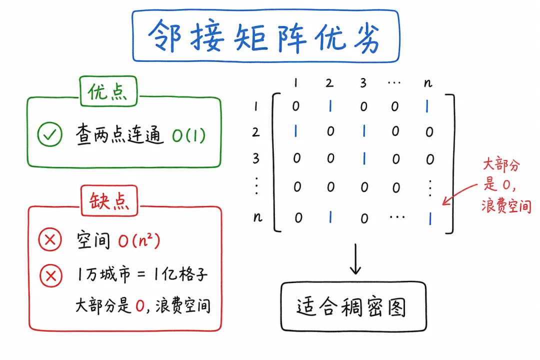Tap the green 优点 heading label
click(108, 91)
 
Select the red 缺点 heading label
click(109, 201)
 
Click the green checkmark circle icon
click(50, 134)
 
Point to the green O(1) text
click(188, 135)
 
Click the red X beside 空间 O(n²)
click(50, 239)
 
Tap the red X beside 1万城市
click(51, 275)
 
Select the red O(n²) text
click(139, 240)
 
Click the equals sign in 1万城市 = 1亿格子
click(141, 274)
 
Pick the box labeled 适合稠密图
click(353, 306)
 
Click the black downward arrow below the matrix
click(355, 259)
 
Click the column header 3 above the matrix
click(363, 83)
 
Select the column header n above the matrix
click(428, 83)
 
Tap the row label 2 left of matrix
click(255, 132)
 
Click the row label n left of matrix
click(257, 217)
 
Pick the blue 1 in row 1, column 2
click(330, 106)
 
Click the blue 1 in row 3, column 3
click(364, 159)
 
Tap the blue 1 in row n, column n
click(430, 218)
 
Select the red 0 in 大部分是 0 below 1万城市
click(140, 305)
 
